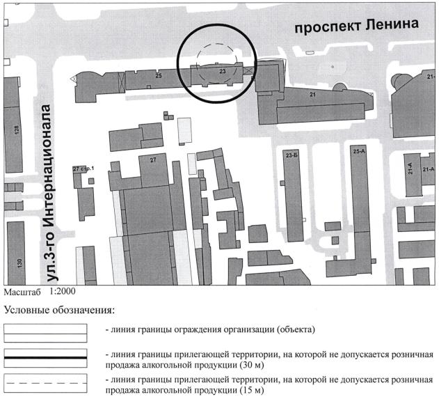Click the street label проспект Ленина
click(356, 26)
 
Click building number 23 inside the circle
click(222, 71)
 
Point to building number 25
click(159, 75)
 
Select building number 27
click(154, 159)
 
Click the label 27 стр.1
click(83, 169)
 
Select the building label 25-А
click(359, 151)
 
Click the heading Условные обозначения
click(58, 310)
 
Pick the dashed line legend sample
click(45, 383)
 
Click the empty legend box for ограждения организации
click(45, 329)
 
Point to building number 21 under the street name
click(312, 95)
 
